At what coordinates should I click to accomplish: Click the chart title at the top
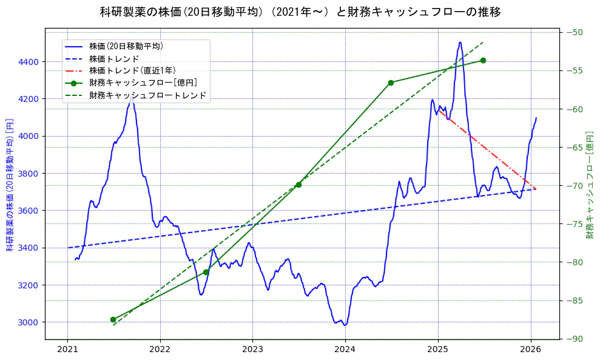(300, 12)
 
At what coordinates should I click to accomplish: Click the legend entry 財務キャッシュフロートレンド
(147, 95)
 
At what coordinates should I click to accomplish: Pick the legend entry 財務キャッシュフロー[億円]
(143, 83)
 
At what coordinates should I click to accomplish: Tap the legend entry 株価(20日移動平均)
(126, 46)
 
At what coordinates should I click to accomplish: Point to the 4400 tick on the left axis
(29, 62)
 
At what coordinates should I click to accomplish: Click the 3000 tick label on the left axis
(29, 322)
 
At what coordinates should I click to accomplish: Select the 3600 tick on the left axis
(29, 211)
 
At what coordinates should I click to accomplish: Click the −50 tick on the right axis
(575, 33)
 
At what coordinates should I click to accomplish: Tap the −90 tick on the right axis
(575, 339)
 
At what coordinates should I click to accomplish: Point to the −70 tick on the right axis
(575, 186)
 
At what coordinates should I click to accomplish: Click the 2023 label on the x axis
(252, 349)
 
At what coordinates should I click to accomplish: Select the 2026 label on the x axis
(531, 349)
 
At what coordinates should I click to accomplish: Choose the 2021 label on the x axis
(67, 349)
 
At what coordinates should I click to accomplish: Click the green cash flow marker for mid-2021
(113, 319)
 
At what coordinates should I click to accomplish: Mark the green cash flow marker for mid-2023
(298, 185)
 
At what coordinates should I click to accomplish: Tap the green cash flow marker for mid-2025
(483, 60)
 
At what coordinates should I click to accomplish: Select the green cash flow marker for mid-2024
(391, 83)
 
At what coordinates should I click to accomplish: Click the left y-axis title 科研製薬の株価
(10, 185)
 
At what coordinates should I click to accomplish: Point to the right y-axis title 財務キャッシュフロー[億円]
(590, 185)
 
